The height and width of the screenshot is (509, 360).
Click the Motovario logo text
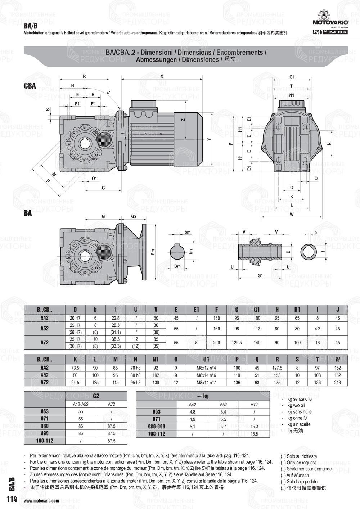click(330, 22)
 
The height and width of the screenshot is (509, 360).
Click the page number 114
click(12, 500)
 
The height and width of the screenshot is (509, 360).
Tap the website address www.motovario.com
click(41, 501)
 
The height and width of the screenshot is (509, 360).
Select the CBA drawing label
click(30, 86)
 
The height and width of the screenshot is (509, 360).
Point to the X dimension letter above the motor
click(162, 76)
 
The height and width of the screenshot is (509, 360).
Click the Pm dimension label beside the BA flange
click(153, 252)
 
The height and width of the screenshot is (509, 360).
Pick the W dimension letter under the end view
click(292, 215)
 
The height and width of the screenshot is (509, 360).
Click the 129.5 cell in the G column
click(237, 343)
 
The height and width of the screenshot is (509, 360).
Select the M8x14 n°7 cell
click(206, 383)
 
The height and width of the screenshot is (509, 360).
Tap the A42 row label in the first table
click(44, 318)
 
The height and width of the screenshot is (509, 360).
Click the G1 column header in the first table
click(257, 309)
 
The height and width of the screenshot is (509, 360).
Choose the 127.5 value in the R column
click(277, 368)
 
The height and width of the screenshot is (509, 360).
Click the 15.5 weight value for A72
click(254, 434)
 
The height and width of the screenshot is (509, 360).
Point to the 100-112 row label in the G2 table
click(45, 441)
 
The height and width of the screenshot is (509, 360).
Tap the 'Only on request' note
click(301, 463)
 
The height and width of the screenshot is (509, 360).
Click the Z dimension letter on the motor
click(183, 120)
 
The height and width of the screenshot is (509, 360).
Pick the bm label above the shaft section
click(187, 232)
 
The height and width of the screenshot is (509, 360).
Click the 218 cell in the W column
click(337, 383)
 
